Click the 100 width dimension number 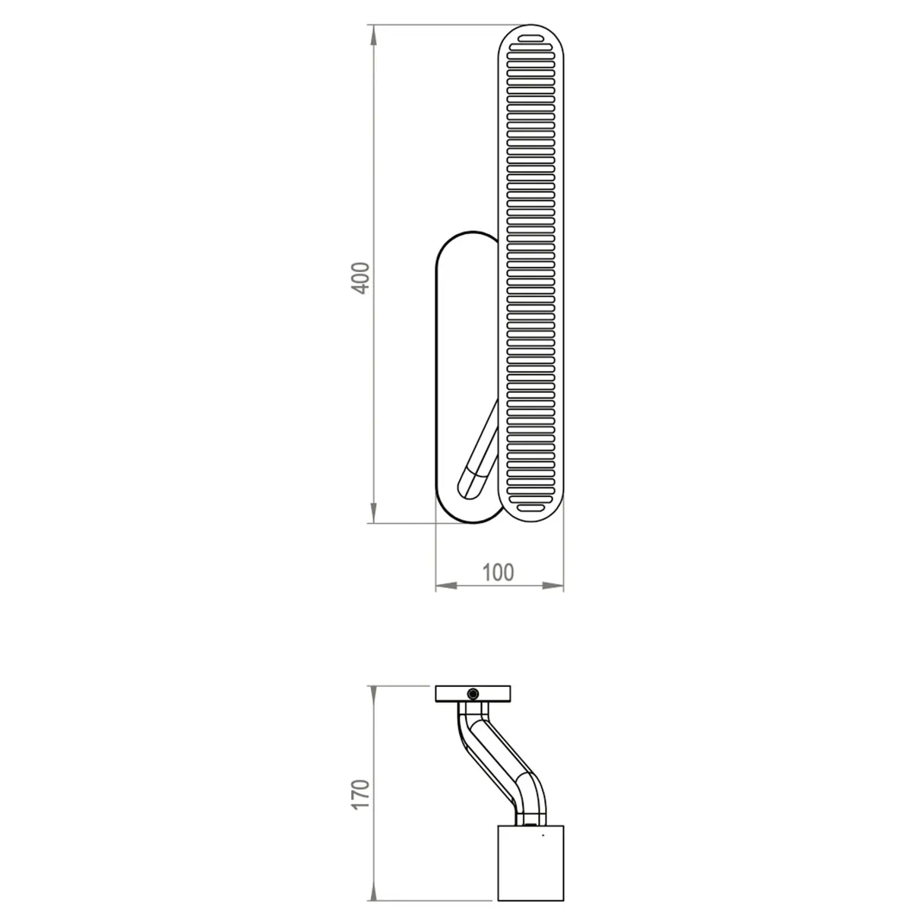coord(499,572)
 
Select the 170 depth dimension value coord(363,793)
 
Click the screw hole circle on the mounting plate coord(473,693)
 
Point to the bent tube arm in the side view coord(498,752)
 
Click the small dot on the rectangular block coord(543,836)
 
